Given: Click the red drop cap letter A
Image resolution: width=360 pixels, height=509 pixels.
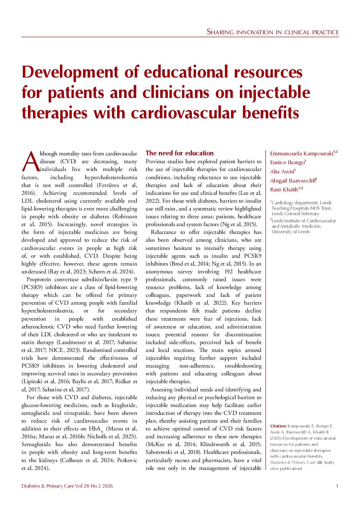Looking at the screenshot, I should [30, 162].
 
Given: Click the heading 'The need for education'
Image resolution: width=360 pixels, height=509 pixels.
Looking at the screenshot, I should [179, 153].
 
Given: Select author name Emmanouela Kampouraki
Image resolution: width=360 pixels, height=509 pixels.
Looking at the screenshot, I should [301, 153].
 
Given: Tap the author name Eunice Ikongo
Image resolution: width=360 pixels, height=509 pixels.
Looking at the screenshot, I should [287, 163].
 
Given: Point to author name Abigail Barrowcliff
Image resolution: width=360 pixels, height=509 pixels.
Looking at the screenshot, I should [292, 181].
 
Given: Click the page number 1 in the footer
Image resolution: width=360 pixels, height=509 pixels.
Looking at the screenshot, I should [337, 486].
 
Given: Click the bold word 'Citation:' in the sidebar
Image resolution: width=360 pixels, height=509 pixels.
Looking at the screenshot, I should [278, 426].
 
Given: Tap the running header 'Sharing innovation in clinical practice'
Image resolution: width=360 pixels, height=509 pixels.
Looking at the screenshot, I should [273, 32].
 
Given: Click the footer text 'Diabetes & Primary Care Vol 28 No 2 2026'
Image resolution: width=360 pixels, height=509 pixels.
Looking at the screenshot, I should [67, 486].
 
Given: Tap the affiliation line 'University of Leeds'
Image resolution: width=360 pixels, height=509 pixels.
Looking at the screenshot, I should [291, 232].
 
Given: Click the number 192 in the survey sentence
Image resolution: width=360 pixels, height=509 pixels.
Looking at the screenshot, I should [228, 272].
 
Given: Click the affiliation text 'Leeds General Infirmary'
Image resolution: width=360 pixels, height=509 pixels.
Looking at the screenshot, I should [295, 214].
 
